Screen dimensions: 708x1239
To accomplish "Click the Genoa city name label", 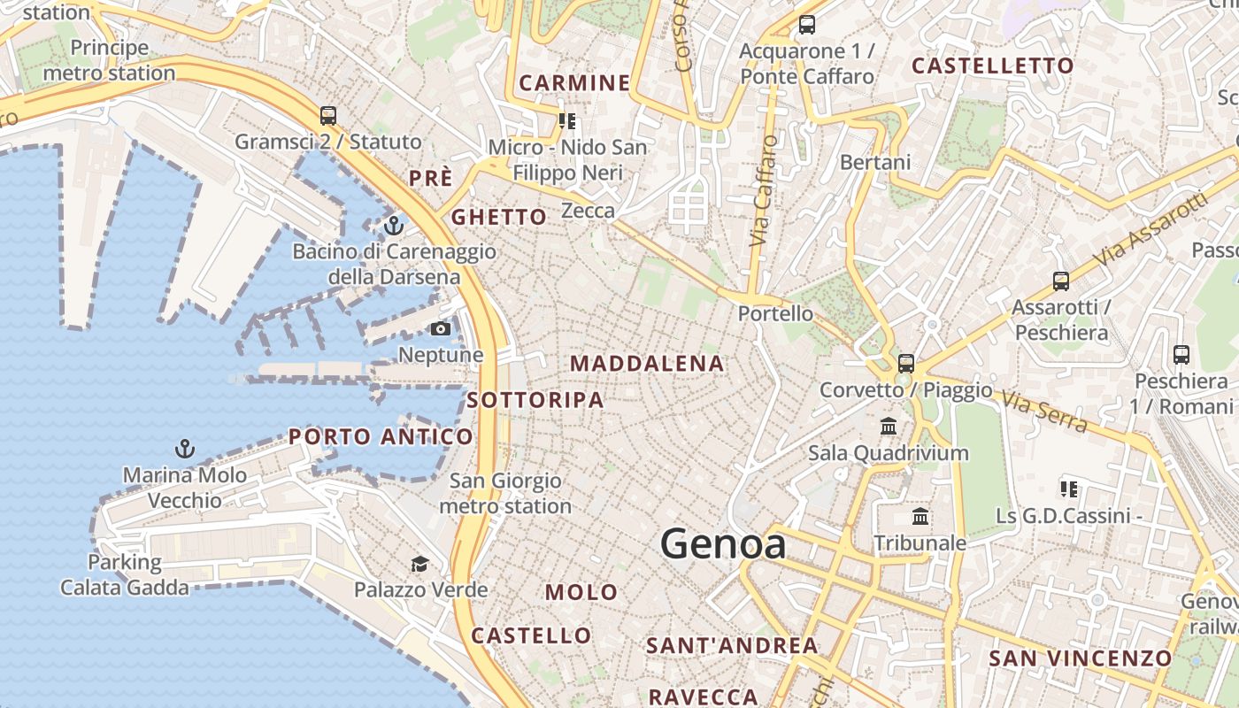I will point(723,543).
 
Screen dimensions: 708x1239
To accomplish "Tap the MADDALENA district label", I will point(647,364).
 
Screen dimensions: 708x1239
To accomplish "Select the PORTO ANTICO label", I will point(381,436).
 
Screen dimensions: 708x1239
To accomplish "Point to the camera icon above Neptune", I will point(440,329).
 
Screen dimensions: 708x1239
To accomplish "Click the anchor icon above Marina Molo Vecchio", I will point(184,449).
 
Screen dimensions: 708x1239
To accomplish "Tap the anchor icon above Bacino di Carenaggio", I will point(394,225).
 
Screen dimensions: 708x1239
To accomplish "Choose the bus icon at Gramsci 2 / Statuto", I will point(328,115).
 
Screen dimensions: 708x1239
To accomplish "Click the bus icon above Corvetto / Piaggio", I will point(905,363).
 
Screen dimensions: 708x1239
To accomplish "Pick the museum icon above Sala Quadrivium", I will point(889,427).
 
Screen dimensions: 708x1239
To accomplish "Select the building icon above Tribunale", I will point(920,516).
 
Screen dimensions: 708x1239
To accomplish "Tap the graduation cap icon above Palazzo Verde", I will point(419,564).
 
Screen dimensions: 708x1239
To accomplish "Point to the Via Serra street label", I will point(1044,412).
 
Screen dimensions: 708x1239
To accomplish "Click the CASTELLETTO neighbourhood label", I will point(992,65).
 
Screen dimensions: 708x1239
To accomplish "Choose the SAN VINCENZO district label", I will point(1080,658).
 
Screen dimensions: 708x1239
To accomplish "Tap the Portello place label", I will point(775,313).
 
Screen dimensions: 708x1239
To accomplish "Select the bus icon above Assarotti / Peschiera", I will point(1060,281).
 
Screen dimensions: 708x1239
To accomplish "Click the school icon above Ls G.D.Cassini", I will point(1068,489).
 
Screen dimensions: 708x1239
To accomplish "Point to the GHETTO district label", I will point(499,217).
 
